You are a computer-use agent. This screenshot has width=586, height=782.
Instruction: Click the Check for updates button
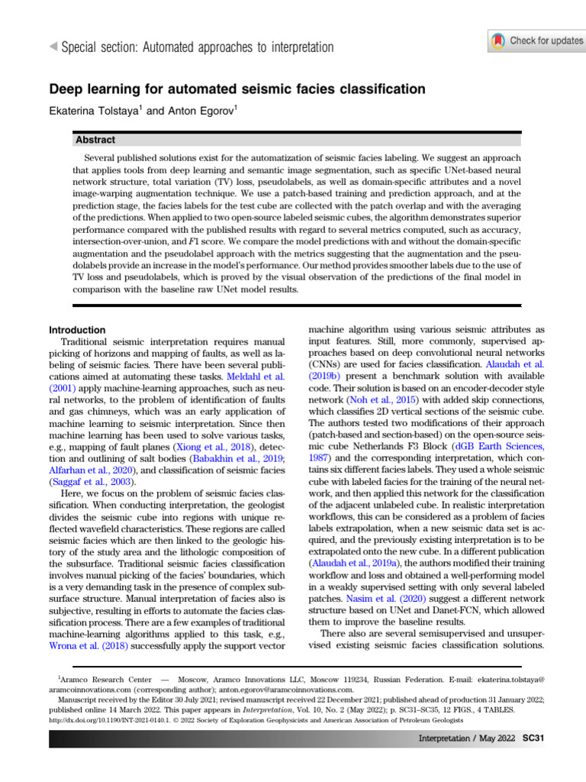[536, 40]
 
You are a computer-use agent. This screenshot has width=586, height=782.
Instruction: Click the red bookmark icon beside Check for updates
[497, 40]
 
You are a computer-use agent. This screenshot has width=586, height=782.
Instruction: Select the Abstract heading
[95, 140]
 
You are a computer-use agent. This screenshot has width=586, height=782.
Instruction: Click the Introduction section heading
[77, 330]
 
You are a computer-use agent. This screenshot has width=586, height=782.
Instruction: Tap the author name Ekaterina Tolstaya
[95, 111]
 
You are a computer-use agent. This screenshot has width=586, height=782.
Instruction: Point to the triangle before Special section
[53, 47]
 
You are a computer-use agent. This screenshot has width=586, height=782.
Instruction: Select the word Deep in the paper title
[67, 89]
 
